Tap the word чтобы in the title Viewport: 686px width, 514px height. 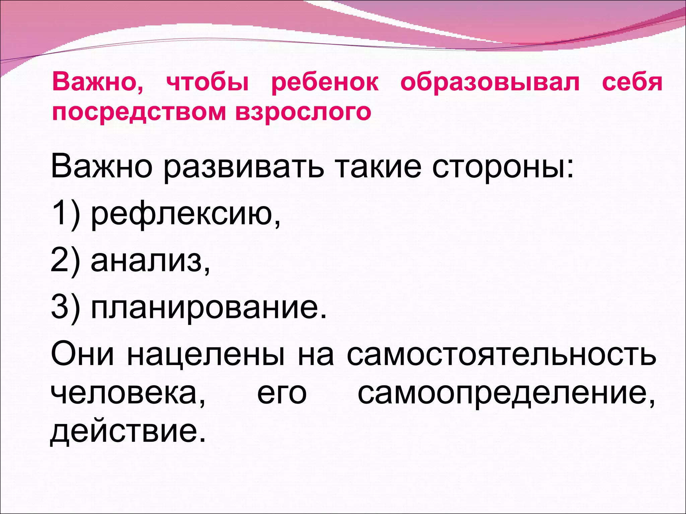pos(208,82)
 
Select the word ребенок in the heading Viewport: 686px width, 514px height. pos(325,82)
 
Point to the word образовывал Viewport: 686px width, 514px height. pos(490,82)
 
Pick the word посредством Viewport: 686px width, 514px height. pos(139,112)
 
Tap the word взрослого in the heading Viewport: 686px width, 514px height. pos(303,112)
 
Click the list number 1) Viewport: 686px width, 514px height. pos(66,214)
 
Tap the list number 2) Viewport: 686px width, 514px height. pos(66,261)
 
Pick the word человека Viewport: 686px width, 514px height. pos(128,394)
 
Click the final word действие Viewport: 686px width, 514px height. pos(127,432)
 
